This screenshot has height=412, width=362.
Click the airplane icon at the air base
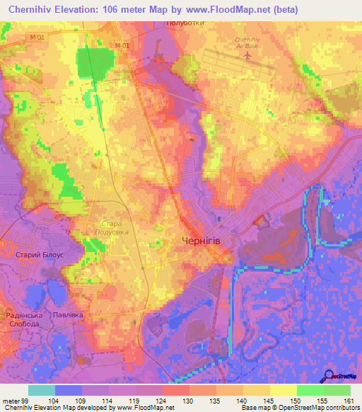[x=248, y=54]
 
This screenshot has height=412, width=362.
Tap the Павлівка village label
[x=69, y=314]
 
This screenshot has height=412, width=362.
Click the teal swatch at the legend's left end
[x=41, y=390]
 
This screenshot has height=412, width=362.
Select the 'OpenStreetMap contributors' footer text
[x=315, y=407]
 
